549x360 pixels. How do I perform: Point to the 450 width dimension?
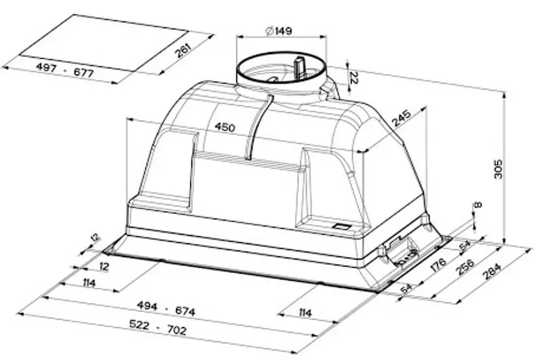224,127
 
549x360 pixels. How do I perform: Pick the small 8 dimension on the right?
478,205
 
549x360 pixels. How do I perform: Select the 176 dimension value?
442,264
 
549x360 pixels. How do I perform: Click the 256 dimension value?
465,267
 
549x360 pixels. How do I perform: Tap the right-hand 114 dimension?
305,313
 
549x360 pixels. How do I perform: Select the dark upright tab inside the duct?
299,67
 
